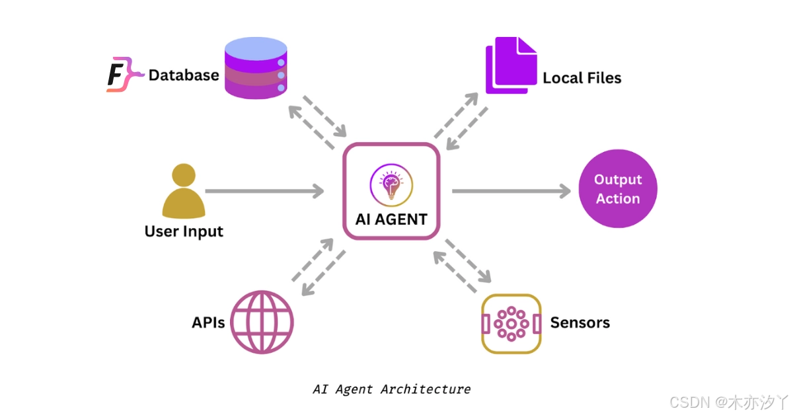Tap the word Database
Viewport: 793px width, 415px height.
coord(183,75)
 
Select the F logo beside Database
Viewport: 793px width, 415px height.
coord(123,74)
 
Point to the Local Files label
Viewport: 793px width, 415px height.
coord(582,78)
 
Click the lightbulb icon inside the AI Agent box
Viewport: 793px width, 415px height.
coord(391,185)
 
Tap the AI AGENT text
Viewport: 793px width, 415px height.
coord(391,219)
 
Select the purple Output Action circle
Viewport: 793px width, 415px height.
coord(618,189)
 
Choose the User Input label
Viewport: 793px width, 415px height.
coord(184,232)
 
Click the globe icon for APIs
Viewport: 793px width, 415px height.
coord(262,322)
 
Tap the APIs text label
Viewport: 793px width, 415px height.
coord(208,322)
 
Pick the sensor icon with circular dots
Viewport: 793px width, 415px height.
coord(511,324)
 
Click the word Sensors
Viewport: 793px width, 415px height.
coord(580,322)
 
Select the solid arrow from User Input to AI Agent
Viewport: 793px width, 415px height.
coord(264,192)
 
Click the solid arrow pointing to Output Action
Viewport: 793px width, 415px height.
coord(511,192)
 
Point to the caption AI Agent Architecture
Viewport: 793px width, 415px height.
coord(391,389)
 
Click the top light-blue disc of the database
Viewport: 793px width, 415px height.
coord(256,48)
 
